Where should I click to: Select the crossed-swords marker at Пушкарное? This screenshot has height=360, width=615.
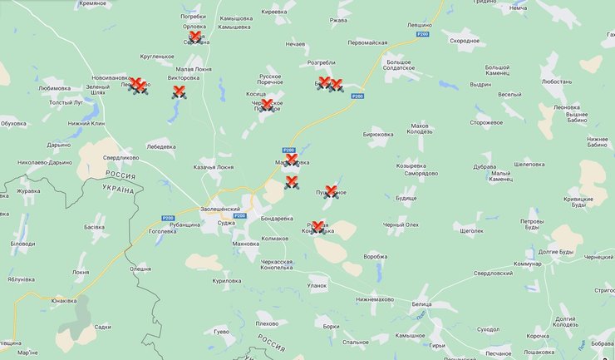(x=331, y=192)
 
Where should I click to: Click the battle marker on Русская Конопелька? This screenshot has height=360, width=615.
(x=317, y=227)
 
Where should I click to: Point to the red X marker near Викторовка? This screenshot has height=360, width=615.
(x=177, y=92)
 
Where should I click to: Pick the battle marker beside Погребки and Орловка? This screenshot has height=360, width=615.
(x=194, y=37)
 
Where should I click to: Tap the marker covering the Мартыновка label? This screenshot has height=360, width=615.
(x=291, y=160)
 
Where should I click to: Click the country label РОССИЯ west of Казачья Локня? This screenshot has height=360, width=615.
(x=121, y=175)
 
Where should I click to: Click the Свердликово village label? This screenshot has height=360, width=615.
(x=121, y=157)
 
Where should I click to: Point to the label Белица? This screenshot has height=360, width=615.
(x=421, y=304)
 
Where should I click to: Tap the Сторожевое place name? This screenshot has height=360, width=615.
(x=486, y=122)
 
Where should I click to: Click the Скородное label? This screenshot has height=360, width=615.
(x=464, y=41)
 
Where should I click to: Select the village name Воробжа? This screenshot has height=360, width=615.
(x=376, y=256)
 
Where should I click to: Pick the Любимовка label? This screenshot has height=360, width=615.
(x=55, y=86)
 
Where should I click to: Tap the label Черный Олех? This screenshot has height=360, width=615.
(x=401, y=225)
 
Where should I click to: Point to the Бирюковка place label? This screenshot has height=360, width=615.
(x=378, y=133)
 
